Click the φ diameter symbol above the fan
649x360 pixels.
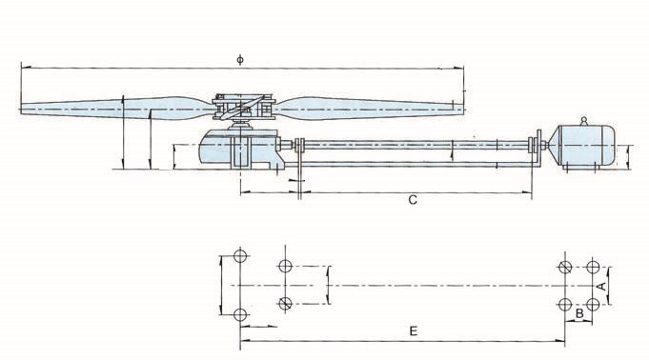pos(240,60)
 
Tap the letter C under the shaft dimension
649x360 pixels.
pos(413,200)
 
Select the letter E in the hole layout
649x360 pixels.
pos(413,331)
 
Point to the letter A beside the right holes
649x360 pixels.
pos(602,286)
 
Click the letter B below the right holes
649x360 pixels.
pos(579,313)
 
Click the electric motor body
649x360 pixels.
pos(583,146)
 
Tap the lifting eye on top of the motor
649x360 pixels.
pos(584,121)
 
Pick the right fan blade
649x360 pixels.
pos(369,109)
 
